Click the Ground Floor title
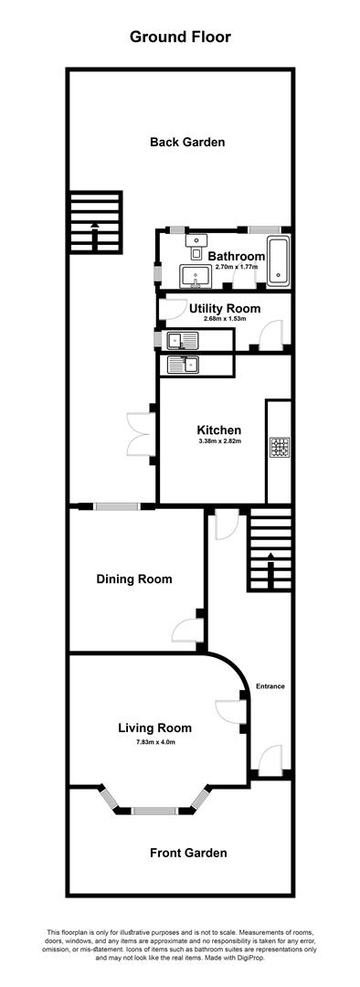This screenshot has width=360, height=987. pyautogui.click(x=180, y=37)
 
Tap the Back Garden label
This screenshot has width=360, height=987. pyautogui.click(x=187, y=142)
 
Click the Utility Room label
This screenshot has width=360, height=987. pyautogui.click(x=225, y=309)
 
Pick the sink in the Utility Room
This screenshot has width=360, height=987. pyautogui.click(x=188, y=341)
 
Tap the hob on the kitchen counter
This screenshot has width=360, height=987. pyautogui.click(x=280, y=449)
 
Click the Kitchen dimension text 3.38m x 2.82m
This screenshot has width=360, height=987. pyautogui.click(x=218, y=441)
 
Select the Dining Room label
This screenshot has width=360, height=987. pyautogui.click(x=134, y=578)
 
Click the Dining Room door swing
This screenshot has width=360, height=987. pyautogui.click(x=185, y=631)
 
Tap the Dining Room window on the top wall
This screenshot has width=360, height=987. pyautogui.click(x=118, y=506)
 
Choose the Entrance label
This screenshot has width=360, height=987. pyautogui.click(x=270, y=685)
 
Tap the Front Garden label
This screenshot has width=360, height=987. pyautogui.click(x=188, y=853)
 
